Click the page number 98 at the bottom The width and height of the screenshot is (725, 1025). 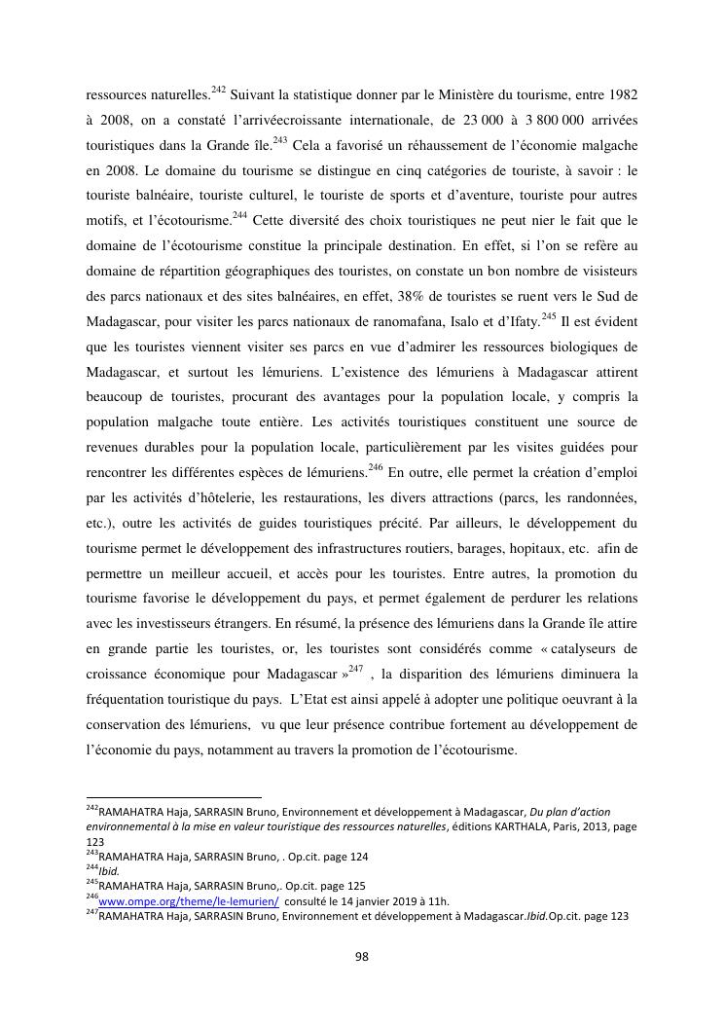[x=362, y=957]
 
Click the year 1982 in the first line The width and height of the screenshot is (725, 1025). [x=618, y=94]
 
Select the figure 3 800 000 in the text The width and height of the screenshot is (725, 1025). [x=554, y=120]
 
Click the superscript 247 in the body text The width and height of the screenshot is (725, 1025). [x=354, y=669]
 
